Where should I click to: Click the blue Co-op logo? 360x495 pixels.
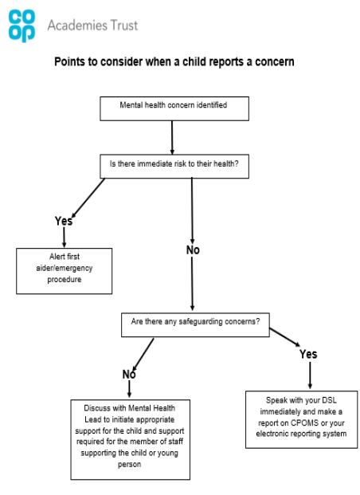(x=22, y=26)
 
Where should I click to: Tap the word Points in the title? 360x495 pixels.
(x=70, y=61)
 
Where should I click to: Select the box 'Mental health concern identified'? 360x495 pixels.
(x=174, y=108)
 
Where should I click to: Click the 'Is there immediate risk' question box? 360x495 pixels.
(x=174, y=167)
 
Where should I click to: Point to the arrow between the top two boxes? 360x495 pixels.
(x=172, y=137)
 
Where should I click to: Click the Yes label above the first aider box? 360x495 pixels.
(x=64, y=221)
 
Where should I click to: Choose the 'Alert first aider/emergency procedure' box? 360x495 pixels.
(x=64, y=271)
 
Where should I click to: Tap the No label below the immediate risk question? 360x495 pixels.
(x=193, y=250)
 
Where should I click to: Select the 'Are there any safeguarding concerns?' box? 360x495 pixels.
(x=195, y=325)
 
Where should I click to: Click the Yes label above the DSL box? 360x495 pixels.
(x=308, y=354)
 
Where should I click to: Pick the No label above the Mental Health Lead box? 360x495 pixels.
(x=129, y=375)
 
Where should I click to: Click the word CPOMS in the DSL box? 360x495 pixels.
(x=304, y=422)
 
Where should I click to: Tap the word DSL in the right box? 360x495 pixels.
(x=329, y=400)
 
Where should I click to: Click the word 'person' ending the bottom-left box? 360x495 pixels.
(x=129, y=465)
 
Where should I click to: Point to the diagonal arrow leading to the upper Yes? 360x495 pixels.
(x=88, y=198)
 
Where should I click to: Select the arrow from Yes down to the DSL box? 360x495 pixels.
(x=310, y=375)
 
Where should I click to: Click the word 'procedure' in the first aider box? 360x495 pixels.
(x=65, y=280)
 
